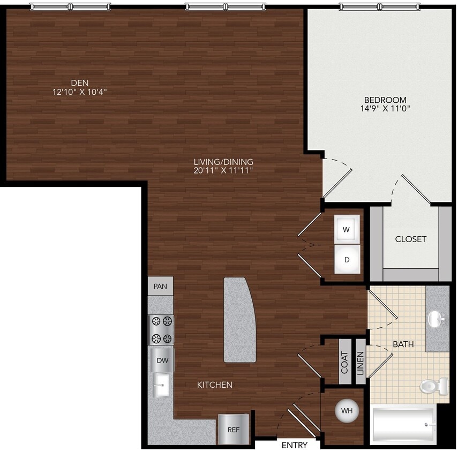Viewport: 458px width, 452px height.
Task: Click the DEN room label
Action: (79, 82)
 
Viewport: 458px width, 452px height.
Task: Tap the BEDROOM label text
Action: (385, 100)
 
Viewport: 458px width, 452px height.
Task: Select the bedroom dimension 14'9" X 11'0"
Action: (385, 108)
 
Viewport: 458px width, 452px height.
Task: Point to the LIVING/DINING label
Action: (223, 162)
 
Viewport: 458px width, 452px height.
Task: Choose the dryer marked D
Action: (347, 260)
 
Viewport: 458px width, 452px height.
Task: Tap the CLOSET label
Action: (411, 239)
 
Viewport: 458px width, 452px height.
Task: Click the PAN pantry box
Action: (160, 287)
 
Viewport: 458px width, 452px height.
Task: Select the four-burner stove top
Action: (161, 330)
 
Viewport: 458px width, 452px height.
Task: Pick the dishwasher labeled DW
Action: (162, 360)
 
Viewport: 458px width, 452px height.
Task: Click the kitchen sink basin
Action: (162, 384)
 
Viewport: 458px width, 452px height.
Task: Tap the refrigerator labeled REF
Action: (233, 429)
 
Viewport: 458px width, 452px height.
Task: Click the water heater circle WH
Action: (347, 411)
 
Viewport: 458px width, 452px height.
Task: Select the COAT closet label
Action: (344, 362)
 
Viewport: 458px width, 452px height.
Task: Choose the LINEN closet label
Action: (361, 362)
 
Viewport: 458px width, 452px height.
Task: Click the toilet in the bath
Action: (434, 386)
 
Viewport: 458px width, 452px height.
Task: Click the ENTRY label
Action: (295, 445)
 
